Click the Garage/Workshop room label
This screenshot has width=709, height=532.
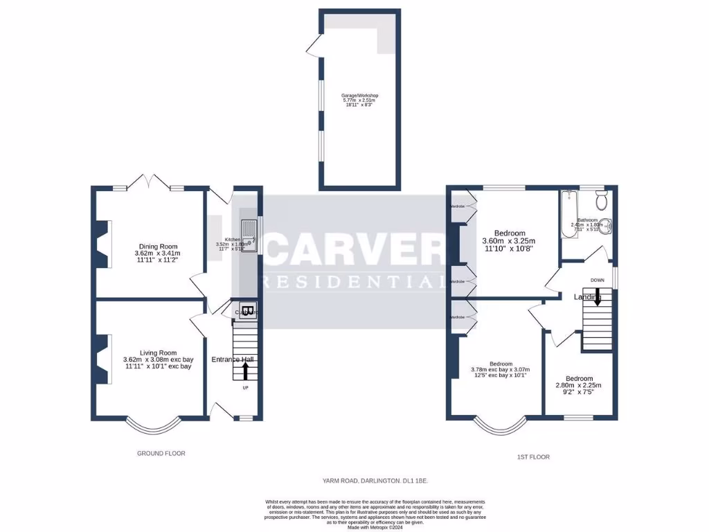pyautogui.click(x=359, y=96)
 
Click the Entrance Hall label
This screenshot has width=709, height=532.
pyautogui.click(x=233, y=359)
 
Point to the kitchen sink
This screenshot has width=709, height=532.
pyautogui.click(x=248, y=234)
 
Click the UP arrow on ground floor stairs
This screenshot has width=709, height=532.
pyautogui.click(x=245, y=371)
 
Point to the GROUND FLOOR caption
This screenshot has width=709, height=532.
pyautogui.click(x=161, y=453)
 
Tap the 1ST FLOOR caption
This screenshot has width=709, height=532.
pyautogui.click(x=532, y=457)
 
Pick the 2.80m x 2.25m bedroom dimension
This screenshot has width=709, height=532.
pyautogui.click(x=578, y=385)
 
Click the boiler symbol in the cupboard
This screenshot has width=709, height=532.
pyautogui.click(x=248, y=310)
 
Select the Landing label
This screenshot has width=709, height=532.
pyautogui.click(x=587, y=297)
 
